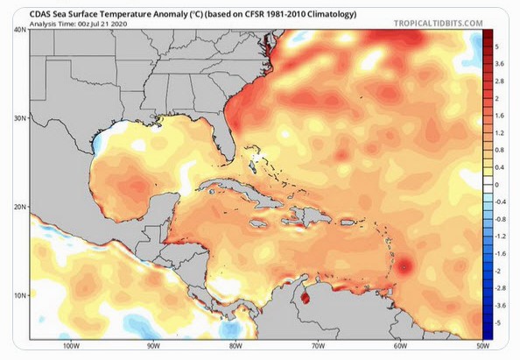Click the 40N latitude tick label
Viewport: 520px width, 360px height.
[19, 31]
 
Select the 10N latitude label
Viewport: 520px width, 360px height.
[19, 295]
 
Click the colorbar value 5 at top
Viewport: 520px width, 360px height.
[497, 45]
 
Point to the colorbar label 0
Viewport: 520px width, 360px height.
[497, 185]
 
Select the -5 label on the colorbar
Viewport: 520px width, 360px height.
[498, 323]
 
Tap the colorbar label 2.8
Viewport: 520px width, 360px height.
[500, 80]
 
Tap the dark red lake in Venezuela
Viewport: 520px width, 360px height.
[306, 299]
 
